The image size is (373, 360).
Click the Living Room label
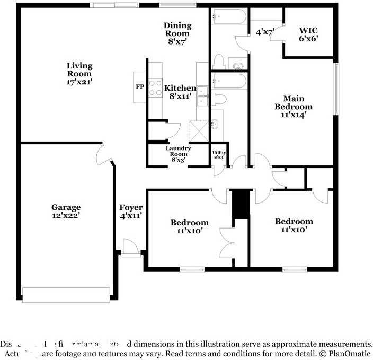pyautogui.click(x=79, y=74)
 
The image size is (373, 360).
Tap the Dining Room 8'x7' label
pyautogui.click(x=177, y=33)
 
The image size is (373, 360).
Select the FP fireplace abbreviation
pyautogui.click(x=140, y=86)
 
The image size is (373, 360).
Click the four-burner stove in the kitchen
pyautogui.click(x=155, y=87)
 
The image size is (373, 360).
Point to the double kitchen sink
pyautogui.click(x=202, y=96)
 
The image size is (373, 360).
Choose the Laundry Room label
pyautogui.click(x=177, y=153)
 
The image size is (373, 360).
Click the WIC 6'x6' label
pyautogui.click(x=308, y=34)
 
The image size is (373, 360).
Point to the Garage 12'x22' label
pyautogui.click(x=66, y=211)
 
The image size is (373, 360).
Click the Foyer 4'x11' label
pyautogui.click(x=130, y=211)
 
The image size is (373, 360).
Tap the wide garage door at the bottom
pyautogui.click(x=66, y=295)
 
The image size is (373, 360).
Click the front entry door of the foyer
pyautogui.click(x=130, y=248)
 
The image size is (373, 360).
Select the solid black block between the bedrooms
pyautogui.click(x=241, y=204)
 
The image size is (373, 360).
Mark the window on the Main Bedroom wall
pyautogui.click(x=335, y=89)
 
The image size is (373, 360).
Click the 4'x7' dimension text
pyautogui.click(x=264, y=32)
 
